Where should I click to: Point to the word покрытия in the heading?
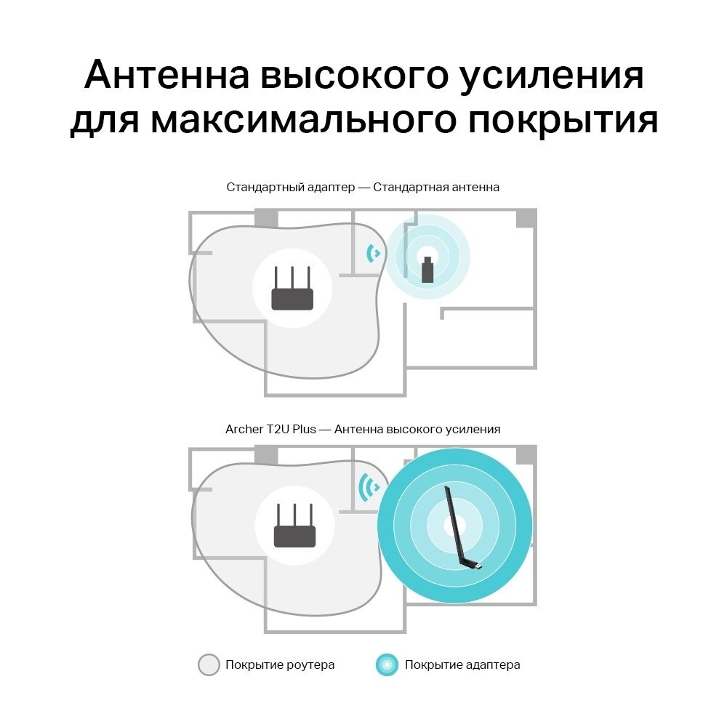pyautogui.click(x=563, y=120)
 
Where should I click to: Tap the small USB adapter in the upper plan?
pyautogui.click(x=427, y=270)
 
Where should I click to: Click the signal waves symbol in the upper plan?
pyautogui.click(x=372, y=253)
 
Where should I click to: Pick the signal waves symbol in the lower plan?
pyautogui.click(x=369, y=487)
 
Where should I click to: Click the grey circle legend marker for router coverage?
pyautogui.click(x=209, y=665)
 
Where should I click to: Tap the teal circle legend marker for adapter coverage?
pyautogui.click(x=387, y=665)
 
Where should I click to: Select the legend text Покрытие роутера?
pyautogui.click(x=280, y=665)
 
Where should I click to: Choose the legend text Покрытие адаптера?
pyautogui.click(x=462, y=665)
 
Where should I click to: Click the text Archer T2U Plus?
pyautogui.click(x=270, y=430)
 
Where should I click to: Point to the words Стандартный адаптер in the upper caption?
pyautogui.click(x=291, y=188)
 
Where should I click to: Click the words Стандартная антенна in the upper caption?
pyautogui.click(x=436, y=188)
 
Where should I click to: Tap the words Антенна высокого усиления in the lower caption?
pyautogui.click(x=417, y=430)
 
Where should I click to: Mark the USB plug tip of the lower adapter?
pyautogui.click(x=480, y=566)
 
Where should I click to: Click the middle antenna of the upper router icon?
pyautogui.click(x=292, y=278)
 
